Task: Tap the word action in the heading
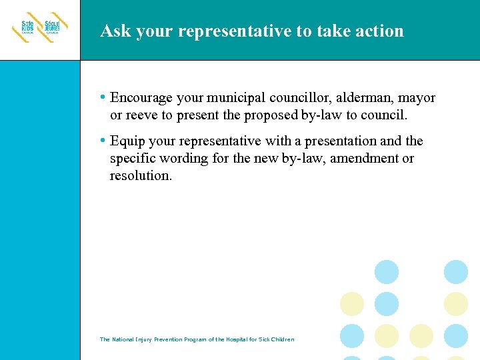point(381,31)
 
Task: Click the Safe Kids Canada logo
point(25,28)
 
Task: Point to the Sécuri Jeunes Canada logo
point(53,28)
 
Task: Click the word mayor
point(417,99)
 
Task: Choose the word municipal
point(235,99)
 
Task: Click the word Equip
point(127,141)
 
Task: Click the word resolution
point(140,176)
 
